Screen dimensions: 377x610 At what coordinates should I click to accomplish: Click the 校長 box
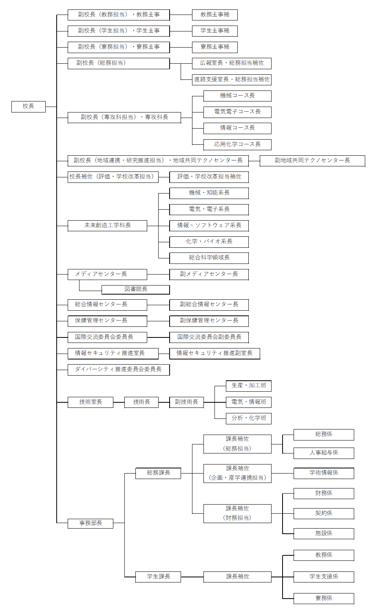click(x=28, y=107)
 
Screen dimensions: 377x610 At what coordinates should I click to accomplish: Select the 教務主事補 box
click(x=214, y=15)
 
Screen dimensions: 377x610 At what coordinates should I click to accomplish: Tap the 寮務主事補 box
click(x=214, y=47)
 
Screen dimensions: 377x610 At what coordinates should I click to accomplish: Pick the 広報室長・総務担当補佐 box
click(x=231, y=63)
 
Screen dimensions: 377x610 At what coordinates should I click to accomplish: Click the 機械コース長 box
click(x=237, y=96)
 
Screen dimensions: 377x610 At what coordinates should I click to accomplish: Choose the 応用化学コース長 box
click(x=237, y=145)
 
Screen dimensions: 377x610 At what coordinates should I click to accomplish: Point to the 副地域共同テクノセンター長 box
click(x=312, y=161)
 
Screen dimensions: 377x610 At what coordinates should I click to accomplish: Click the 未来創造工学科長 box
click(x=107, y=226)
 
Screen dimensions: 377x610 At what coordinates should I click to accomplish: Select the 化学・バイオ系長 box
click(x=209, y=242)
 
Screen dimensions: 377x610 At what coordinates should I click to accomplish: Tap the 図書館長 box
click(x=136, y=289)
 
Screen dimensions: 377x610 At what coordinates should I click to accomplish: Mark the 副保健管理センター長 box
click(x=209, y=321)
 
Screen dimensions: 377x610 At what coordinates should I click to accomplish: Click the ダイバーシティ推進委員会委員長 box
click(x=118, y=370)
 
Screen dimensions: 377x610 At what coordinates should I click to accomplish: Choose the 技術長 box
click(x=141, y=402)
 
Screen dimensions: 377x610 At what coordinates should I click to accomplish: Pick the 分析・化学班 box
click(x=249, y=418)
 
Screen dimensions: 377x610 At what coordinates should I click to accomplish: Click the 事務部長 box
click(x=91, y=523)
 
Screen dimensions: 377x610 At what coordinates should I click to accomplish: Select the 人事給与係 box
click(x=323, y=453)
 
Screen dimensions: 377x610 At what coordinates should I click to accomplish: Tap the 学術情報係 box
click(x=323, y=473)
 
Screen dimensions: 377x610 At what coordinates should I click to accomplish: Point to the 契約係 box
click(x=323, y=514)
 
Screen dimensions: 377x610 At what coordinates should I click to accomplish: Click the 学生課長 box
click(x=158, y=577)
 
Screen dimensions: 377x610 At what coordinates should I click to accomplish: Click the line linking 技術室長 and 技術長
click(x=119, y=402)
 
